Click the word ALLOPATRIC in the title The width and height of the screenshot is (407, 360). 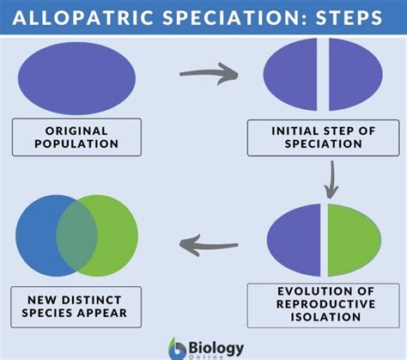tap(83, 17)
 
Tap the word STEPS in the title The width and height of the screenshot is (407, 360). tap(349, 17)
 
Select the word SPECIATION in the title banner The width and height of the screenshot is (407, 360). tap(231, 17)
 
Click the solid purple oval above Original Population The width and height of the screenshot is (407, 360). tap(76, 78)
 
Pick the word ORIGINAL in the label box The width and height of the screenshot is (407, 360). tap(76, 131)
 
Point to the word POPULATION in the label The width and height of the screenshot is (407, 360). tap(76, 143)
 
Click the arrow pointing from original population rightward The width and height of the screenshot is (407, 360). tap(209, 74)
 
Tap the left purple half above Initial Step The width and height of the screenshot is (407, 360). tap(290, 75)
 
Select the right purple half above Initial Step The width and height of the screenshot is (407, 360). tap(355, 75)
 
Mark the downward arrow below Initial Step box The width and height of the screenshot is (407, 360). tap(331, 180)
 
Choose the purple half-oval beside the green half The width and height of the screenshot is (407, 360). tap(294, 240)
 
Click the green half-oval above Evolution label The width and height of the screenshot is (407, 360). tap(355, 240)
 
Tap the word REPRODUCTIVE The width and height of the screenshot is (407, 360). tap(325, 304)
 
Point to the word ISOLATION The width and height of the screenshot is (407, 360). tap(325, 317)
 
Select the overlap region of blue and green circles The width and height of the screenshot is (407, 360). tap(76, 235)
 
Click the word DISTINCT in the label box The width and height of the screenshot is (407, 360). tap(92, 300)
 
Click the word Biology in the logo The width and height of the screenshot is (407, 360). tap(216, 348)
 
